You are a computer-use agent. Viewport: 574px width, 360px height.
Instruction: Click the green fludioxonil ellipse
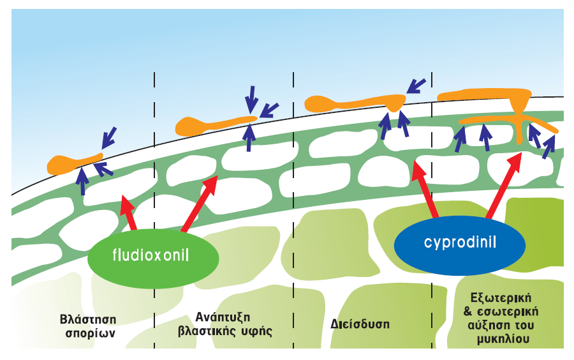[153, 258]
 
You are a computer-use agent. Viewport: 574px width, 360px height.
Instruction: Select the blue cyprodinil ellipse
[460, 245]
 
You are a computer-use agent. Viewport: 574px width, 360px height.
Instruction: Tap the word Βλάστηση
[88, 319]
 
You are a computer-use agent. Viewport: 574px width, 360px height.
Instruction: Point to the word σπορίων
[90, 334]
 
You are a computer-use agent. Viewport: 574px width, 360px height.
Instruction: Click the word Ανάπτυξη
[223, 317]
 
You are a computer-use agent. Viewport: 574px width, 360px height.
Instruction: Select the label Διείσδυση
[360, 324]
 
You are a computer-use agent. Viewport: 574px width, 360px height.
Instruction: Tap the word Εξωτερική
[501, 297]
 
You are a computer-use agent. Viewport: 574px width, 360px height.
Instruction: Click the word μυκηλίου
[503, 339]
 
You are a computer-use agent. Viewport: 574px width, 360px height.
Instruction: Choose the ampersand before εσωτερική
[468, 312]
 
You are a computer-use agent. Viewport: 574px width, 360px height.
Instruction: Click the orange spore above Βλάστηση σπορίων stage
[73, 163]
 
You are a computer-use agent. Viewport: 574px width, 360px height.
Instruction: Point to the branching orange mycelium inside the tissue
[520, 118]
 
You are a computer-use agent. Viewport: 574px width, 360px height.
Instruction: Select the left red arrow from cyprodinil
[425, 190]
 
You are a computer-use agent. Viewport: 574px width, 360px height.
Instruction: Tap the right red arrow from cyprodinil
[504, 186]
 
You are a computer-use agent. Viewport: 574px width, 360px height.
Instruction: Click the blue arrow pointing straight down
[252, 100]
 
